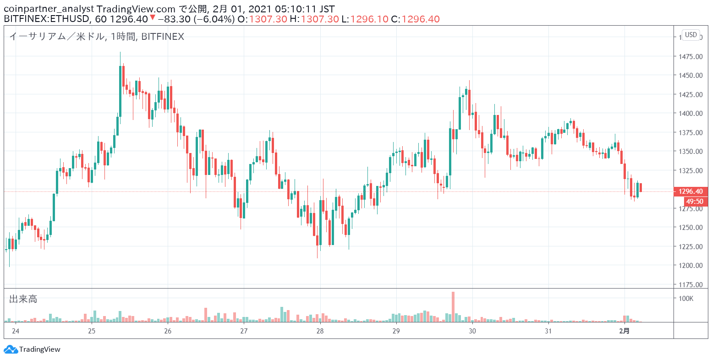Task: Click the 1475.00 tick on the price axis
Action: pos(690,56)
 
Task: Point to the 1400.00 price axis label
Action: pos(690,114)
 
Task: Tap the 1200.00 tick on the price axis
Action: pos(690,265)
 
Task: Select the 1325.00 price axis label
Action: pos(690,171)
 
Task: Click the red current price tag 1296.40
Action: pos(691,191)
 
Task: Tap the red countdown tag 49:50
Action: pos(696,202)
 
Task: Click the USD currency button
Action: pos(691,35)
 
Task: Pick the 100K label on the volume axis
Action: pos(686,298)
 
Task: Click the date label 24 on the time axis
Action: pos(16,331)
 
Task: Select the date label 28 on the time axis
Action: pos(320,331)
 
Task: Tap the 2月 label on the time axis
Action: pos(624,331)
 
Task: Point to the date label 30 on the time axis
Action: pos(472,331)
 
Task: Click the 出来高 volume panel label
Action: pos(23,299)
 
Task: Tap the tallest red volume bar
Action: pos(453,307)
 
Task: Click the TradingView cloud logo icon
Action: pos(11,349)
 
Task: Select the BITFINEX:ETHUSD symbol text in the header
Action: pos(46,19)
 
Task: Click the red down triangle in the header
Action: pos(153,17)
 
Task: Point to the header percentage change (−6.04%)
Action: pos(215,19)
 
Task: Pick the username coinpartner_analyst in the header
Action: pos(49,9)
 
